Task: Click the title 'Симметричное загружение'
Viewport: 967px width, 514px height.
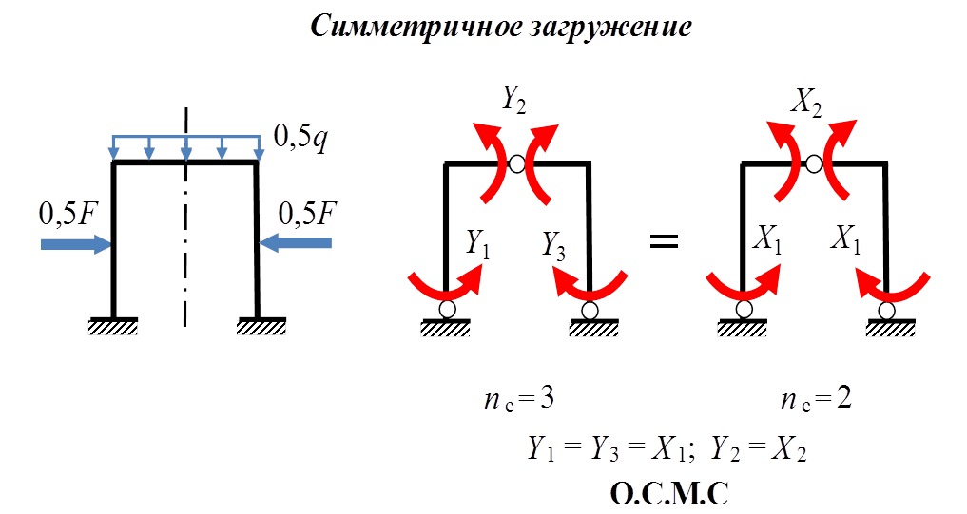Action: [x=500, y=27]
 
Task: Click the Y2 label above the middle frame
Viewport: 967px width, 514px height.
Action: [x=513, y=99]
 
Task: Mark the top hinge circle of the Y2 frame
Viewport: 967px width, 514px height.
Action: [x=515, y=164]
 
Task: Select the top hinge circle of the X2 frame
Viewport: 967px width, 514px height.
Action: [x=813, y=164]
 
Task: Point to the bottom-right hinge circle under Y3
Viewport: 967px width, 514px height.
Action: [x=590, y=310]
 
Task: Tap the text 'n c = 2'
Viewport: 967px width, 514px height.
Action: [x=815, y=400]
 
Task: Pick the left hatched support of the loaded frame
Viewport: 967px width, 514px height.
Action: [x=113, y=328]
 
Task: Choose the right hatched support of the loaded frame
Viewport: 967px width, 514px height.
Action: [x=261, y=328]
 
